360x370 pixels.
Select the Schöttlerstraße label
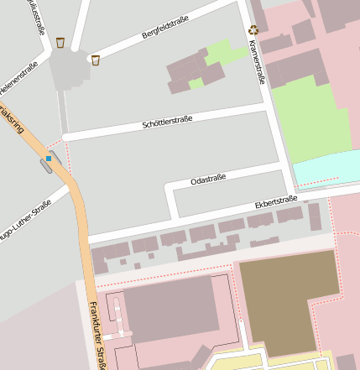tap(167, 123)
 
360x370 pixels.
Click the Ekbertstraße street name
tap(276, 202)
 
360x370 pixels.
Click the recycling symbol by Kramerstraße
tap(253, 30)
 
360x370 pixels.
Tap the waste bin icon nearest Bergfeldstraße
tap(96, 60)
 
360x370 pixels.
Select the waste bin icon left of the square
tap(60, 42)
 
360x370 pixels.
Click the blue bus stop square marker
tap(49, 158)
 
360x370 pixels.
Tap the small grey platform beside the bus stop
tap(45, 166)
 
